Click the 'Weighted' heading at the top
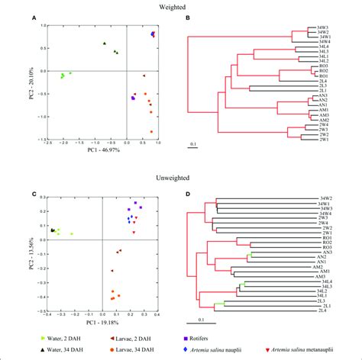[x=180, y=5]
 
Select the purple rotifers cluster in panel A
[x=133, y=98]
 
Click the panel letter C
[x=34, y=193]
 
